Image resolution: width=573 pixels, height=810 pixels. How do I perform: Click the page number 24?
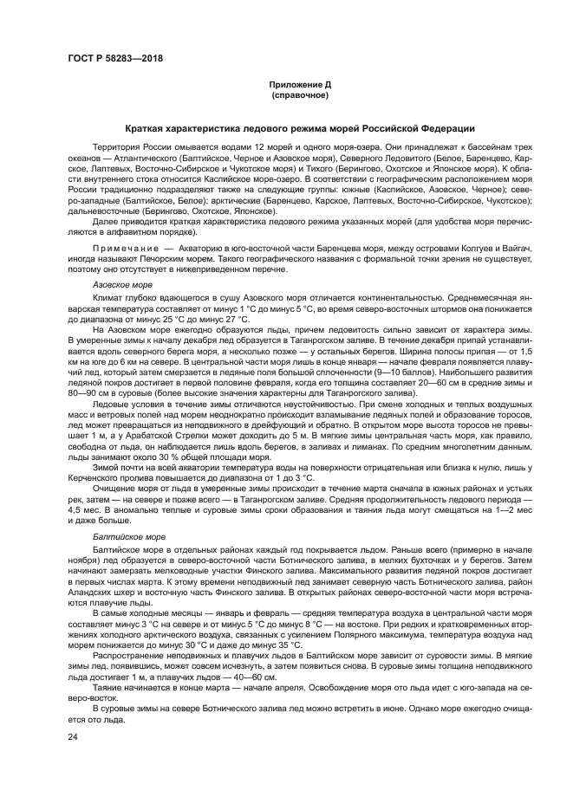pos(73,736)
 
